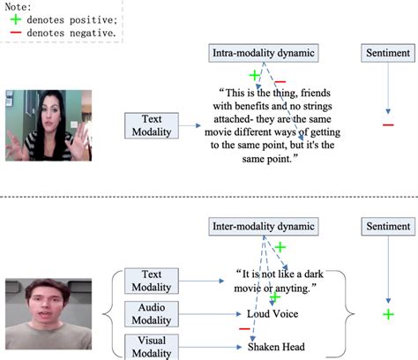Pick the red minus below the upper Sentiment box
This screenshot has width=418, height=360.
click(388, 124)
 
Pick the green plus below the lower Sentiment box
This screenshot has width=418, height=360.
click(388, 314)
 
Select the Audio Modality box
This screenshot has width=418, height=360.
click(155, 313)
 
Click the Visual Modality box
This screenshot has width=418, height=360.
click(155, 347)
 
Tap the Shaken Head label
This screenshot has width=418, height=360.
click(276, 347)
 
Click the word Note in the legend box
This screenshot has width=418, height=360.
click(19, 6)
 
